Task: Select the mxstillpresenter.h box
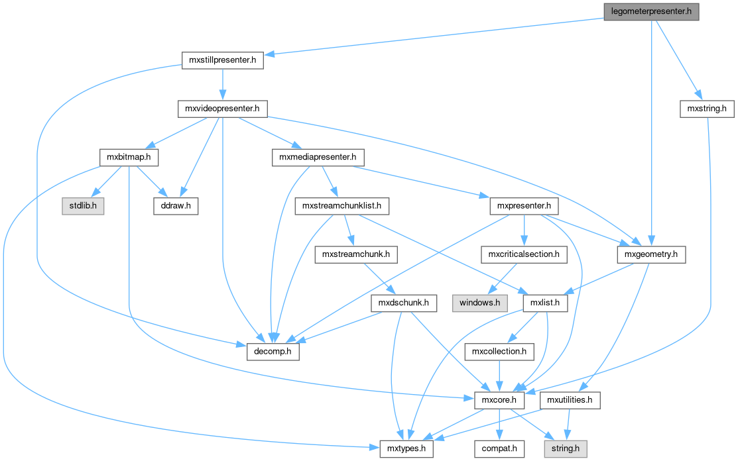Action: click(x=223, y=61)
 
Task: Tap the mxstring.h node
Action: click(x=707, y=109)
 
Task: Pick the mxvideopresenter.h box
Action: click(x=222, y=109)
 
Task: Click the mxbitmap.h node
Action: click(x=129, y=158)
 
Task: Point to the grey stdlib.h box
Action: click(x=83, y=206)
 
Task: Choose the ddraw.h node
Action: click(x=176, y=206)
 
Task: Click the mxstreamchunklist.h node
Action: click(x=341, y=206)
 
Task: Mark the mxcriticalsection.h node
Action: click(x=524, y=254)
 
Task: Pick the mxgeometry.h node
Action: click(x=650, y=254)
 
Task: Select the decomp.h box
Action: click(x=273, y=352)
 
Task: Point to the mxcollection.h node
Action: click(x=499, y=352)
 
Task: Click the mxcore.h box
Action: click(x=499, y=400)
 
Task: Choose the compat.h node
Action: click(x=499, y=448)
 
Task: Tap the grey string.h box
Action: click(x=565, y=448)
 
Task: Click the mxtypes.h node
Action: click(x=406, y=448)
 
